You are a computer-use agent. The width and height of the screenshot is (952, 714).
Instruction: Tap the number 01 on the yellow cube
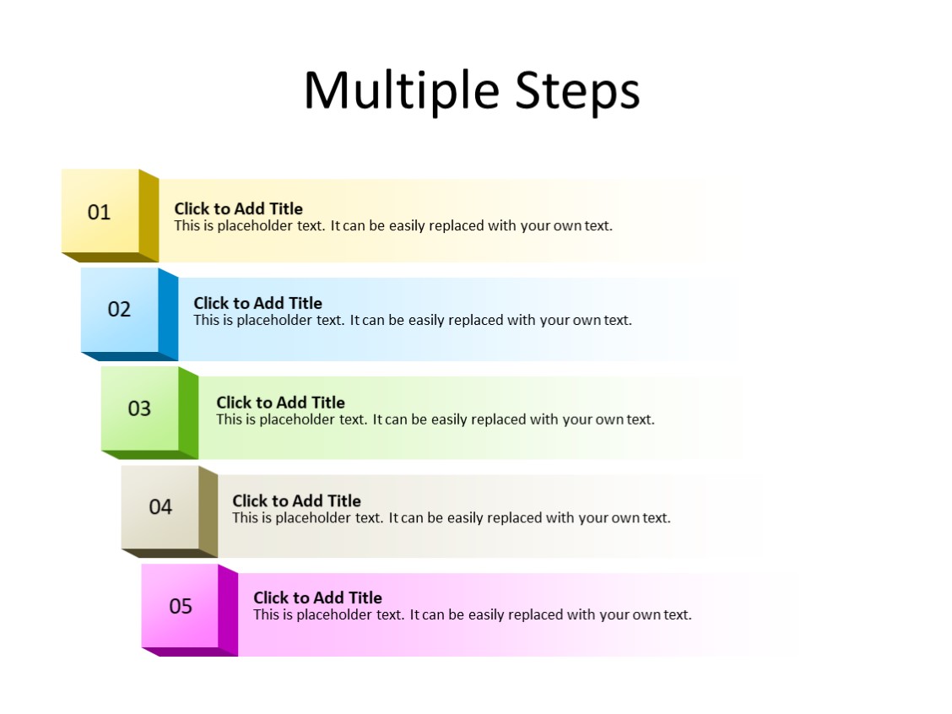(100, 212)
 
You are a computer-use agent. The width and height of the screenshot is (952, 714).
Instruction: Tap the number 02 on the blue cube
(119, 309)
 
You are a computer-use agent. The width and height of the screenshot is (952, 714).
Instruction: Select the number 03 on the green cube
(139, 408)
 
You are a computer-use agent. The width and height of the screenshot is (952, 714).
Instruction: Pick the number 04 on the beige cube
(160, 506)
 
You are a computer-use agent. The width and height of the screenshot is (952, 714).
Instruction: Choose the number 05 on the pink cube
(181, 606)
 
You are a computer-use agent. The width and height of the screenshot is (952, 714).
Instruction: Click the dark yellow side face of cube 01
(149, 216)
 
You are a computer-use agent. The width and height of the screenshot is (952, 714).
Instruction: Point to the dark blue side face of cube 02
(168, 314)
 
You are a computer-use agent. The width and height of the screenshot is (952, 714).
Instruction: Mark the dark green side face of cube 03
(188, 414)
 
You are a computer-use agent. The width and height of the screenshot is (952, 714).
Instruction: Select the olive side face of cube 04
(208, 511)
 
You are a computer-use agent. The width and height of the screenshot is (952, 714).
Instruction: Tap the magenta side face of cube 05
(228, 611)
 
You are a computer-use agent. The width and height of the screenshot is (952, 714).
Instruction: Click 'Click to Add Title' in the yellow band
(238, 208)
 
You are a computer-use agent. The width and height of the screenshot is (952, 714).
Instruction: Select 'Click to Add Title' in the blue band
(257, 303)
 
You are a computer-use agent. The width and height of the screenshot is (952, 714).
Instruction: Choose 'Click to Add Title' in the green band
(280, 403)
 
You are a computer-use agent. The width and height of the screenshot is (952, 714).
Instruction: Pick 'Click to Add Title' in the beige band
(296, 500)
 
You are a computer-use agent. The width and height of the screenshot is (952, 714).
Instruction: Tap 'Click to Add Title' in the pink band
(317, 598)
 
